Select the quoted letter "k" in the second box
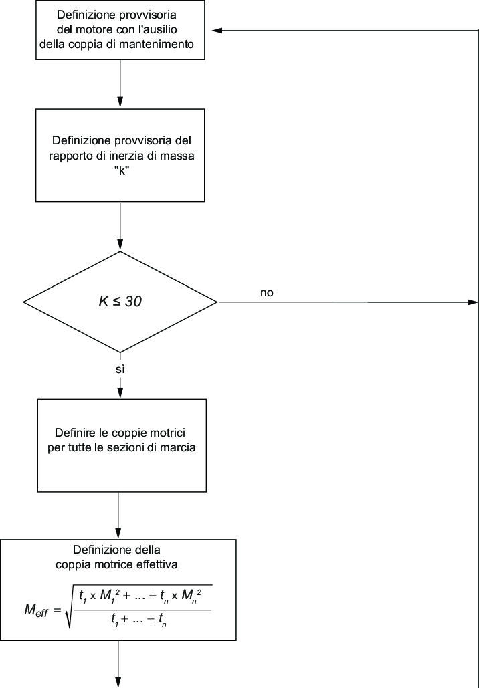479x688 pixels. point(120,170)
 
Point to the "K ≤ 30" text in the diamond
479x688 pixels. point(120,302)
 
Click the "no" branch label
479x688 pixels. point(266,293)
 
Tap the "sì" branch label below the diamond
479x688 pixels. point(120,370)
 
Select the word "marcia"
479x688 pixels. point(179,447)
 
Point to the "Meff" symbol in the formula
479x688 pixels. point(36,611)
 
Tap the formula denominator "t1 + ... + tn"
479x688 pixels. point(139,620)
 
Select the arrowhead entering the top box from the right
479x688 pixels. point(217,30)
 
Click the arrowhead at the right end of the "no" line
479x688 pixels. point(473,302)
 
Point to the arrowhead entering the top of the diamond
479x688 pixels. point(120,245)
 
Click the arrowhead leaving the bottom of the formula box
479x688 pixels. point(118,682)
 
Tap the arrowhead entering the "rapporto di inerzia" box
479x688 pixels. point(120,103)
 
